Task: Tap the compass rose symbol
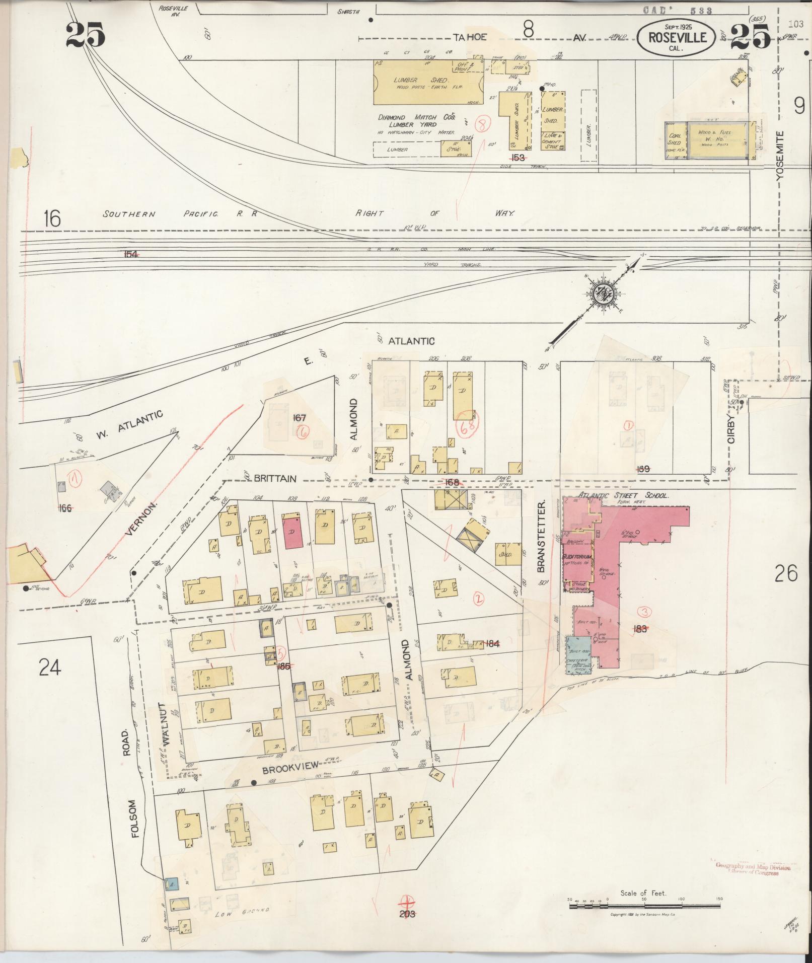tap(603, 293)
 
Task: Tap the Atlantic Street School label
tap(623, 495)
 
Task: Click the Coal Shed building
tap(675, 139)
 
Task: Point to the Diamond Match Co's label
tap(417, 117)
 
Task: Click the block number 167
tap(300, 417)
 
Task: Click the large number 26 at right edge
tap(786, 573)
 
